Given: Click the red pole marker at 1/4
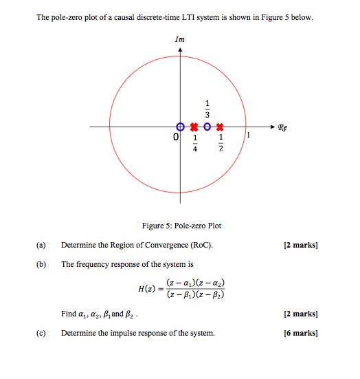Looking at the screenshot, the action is click(x=194, y=127).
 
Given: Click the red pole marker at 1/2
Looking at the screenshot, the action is click(x=220, y=127).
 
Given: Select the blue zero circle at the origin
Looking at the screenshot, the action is click(x=180, y=127).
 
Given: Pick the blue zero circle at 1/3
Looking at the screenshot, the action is click(x=207, y=127).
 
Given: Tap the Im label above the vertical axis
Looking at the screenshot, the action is click(x=180, y=39).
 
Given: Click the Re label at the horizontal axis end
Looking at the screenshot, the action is click(x=283, y=127).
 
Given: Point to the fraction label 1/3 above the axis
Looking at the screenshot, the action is click(x=207, y=109).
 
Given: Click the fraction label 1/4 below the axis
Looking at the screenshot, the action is click(x=194, y=143).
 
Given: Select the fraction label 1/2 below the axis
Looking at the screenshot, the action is click(x=221, y=143).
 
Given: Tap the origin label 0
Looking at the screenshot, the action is click(x=176, y=138).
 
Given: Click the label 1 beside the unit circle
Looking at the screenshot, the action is click(x=249, y=136).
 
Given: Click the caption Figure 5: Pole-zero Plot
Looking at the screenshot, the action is click(x=181, y=226).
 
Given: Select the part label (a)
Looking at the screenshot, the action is click(x=42, y=245).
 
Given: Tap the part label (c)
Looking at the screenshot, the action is click(x=42, y=334).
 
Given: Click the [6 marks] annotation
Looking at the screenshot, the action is click(x=300, y=334).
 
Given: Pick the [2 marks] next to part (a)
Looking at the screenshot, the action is click(x=300, y=245).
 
